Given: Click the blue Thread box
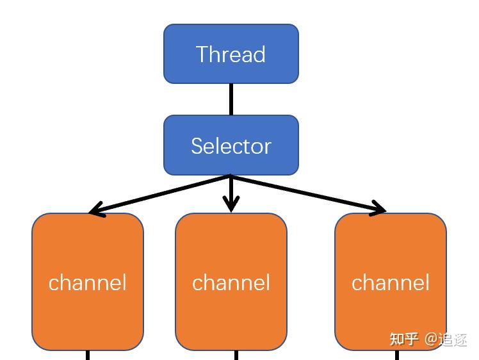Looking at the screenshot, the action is click(231, 54).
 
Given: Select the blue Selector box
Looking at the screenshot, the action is click(231, 145).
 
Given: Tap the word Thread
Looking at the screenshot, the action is click(231, 54).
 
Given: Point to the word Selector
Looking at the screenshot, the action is click(231, 146).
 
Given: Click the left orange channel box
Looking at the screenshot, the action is click(88, 282).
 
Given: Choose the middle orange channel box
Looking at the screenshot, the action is click(231, 282).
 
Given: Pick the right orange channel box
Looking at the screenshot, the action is click(391, 282).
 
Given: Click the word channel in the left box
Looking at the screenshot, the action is click(87, 282).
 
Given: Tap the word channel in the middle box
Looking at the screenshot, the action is click(231, 282).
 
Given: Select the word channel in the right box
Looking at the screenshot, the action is click(391, 282).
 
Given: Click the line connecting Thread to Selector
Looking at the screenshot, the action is click(231, 99).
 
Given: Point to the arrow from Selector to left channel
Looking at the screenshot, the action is click(159, 194).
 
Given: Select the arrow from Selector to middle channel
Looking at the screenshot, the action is click(231, 193).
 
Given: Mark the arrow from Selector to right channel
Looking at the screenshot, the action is click(309, 193).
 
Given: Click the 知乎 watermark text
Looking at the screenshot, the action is click(404, 339).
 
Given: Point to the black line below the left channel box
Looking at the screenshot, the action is click(88, 355).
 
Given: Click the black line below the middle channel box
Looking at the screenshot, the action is click(236, 355).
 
